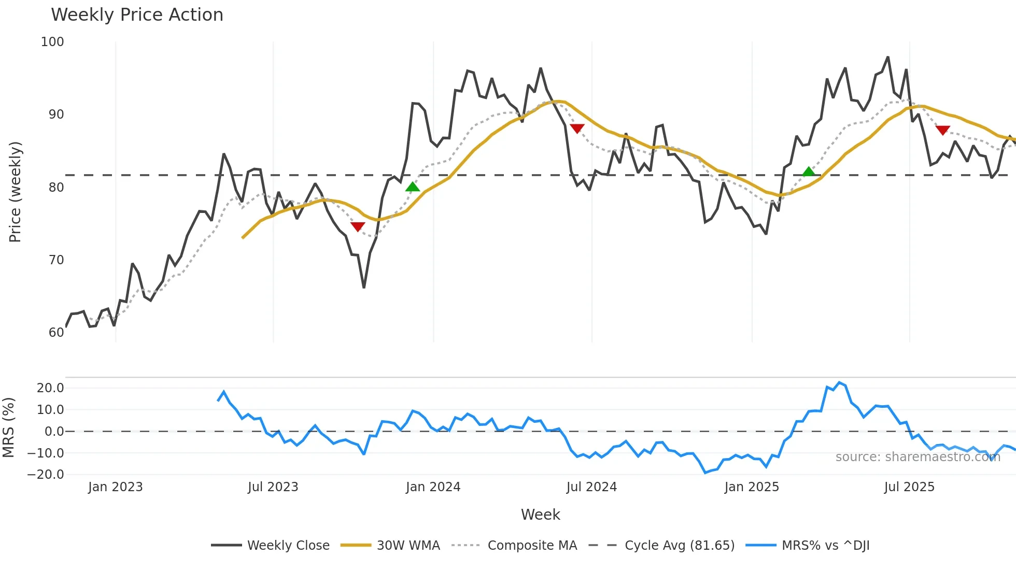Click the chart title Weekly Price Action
(137, 15)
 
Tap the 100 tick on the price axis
(52, 42)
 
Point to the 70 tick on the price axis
(56, 260)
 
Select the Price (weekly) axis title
(16, 192)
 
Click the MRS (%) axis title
(8, 427)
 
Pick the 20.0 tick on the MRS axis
(50, 388)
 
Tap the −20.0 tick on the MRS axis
(46, 475)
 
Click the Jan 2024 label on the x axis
(433, 487)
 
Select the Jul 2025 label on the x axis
(909, 487)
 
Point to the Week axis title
(540, 515)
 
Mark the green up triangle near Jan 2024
(413, 187)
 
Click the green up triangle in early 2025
(809, 172)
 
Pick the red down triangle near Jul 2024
(577, 129)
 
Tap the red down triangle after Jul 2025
(943, 130)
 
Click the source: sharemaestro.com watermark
(918, 457)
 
